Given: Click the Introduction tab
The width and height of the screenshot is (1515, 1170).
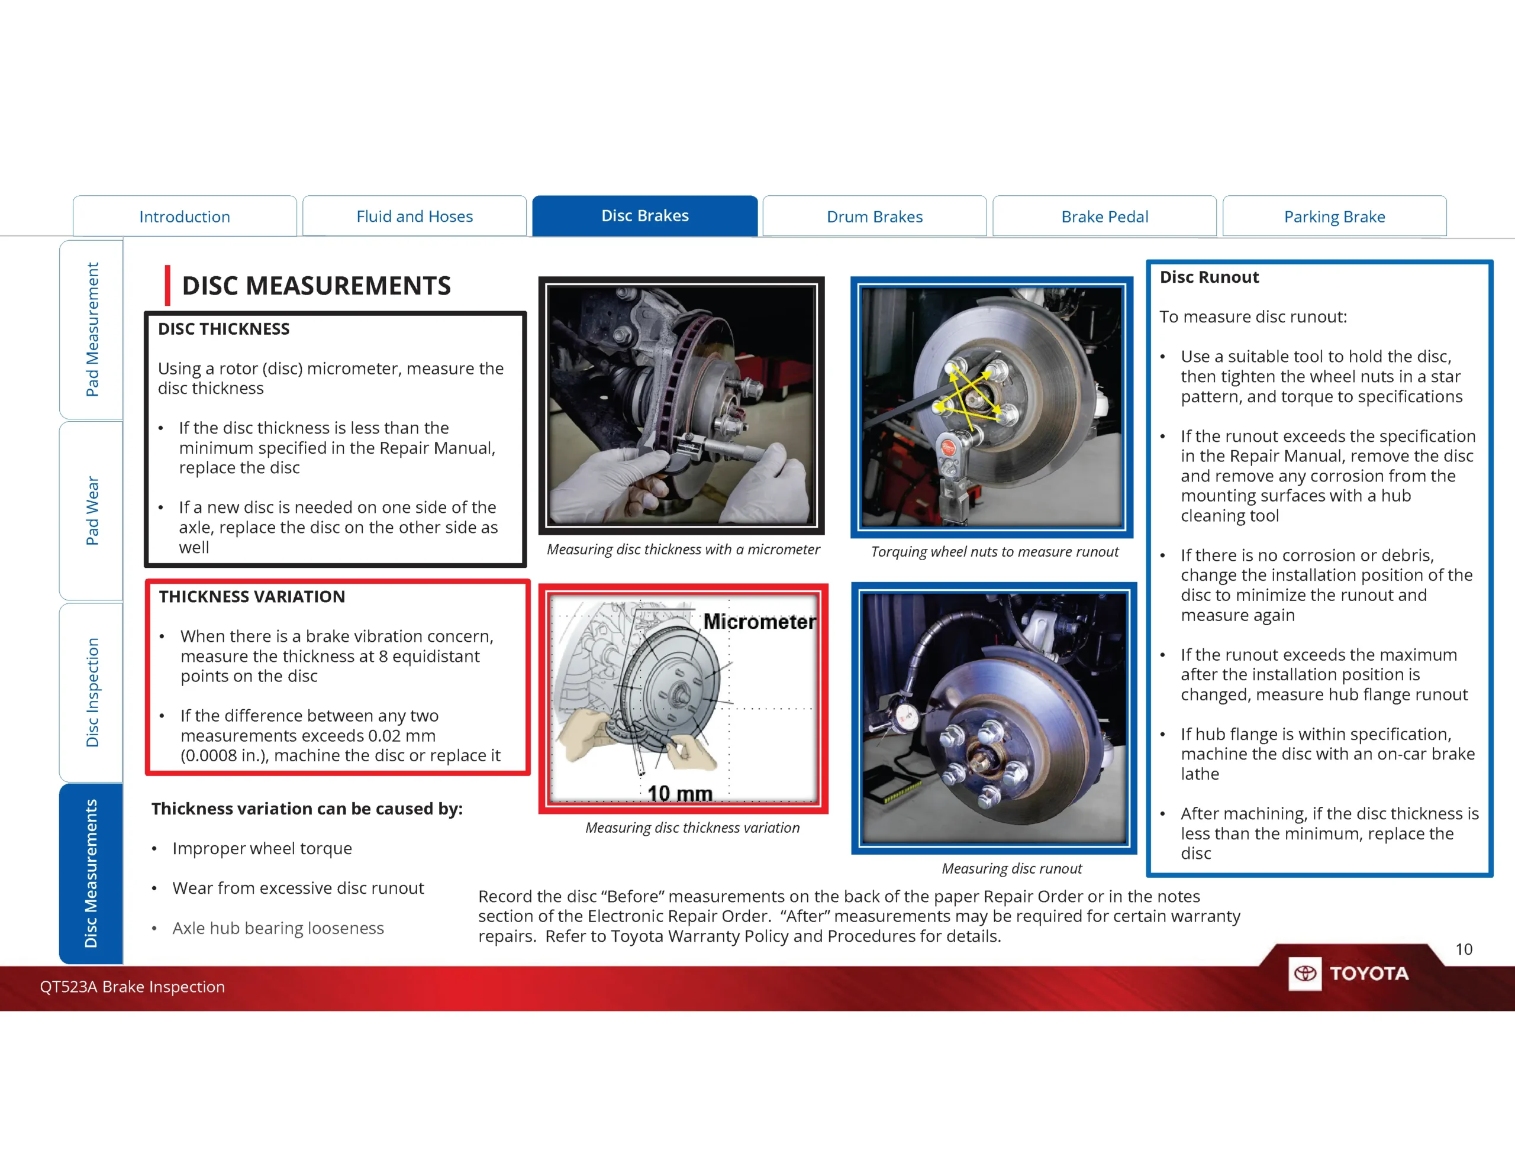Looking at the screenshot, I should (185, 216).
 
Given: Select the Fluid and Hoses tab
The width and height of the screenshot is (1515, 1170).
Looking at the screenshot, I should (414, 216).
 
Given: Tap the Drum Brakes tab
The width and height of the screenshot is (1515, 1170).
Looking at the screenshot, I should (874, 216).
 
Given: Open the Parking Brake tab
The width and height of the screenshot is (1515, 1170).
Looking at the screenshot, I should (1334, 216).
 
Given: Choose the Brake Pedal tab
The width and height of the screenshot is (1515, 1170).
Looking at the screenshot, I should (1104, 216).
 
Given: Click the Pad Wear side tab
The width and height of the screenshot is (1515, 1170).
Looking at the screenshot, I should (92, 510).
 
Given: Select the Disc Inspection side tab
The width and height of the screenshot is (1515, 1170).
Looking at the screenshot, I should (92, 692).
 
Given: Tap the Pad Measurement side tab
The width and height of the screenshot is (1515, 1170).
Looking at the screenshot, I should (92, 329).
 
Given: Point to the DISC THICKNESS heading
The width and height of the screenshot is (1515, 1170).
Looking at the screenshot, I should (223, 329).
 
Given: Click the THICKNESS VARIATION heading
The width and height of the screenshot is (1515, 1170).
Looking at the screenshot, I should (251, 596).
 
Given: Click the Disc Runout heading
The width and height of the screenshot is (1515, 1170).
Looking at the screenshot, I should (1208, 277).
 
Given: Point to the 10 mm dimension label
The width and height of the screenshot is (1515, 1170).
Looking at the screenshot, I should (679, 793).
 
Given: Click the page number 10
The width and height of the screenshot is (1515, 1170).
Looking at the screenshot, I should (1463, 949).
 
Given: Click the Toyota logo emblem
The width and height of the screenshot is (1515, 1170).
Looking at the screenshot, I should (1305, 973).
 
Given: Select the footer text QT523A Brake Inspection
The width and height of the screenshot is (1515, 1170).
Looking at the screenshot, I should (132, 986).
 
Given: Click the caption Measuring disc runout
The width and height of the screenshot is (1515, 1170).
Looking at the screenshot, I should (1011, 868).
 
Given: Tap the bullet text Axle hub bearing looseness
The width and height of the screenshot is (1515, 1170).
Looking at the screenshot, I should (278, 928).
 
